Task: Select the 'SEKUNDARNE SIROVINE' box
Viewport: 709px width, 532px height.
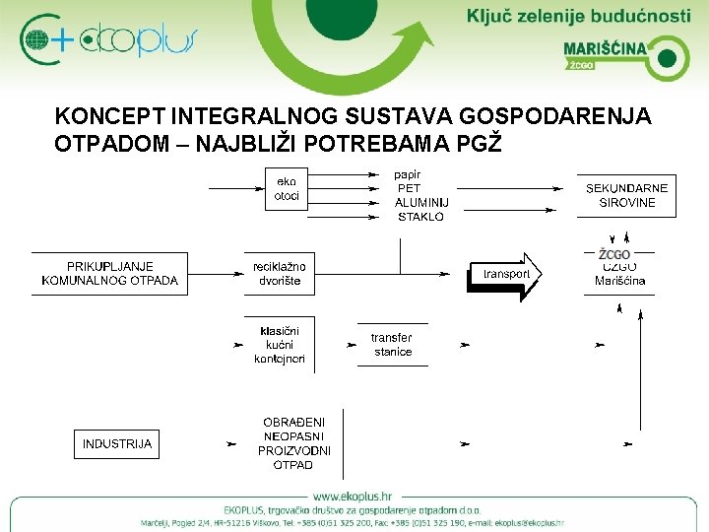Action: click(626, 195)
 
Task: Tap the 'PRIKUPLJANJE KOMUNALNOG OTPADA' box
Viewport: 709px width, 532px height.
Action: click(109, 273)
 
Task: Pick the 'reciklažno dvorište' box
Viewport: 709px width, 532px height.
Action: click(279, 273)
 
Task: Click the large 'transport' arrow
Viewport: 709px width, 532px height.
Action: click(504, 274)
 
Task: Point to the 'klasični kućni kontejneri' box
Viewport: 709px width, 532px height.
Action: click(280, 345)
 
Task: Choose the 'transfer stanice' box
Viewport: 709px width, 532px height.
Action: click(392, 345)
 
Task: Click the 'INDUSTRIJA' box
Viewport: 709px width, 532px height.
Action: click(117, 443)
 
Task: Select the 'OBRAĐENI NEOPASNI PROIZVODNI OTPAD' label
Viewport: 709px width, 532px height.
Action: click(293, 443)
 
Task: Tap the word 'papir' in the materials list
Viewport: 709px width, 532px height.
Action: click(407, 174)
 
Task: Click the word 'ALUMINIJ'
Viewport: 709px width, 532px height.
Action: click(421, 202)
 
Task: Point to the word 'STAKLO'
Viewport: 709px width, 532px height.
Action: click(419, 216)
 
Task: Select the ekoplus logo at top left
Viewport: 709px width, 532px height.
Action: click(108, 39)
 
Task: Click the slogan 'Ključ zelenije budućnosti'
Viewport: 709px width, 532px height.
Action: click(579, 16)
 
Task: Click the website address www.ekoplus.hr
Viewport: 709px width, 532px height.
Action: click(354, 495)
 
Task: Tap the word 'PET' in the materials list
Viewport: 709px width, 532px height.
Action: click(408, 188)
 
